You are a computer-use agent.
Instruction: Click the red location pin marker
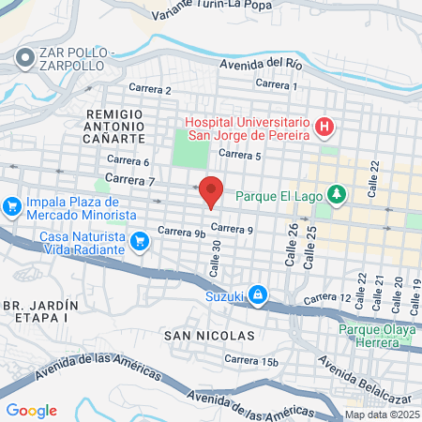211,191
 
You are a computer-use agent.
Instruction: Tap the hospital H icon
324,126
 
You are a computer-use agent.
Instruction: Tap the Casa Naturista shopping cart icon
140,241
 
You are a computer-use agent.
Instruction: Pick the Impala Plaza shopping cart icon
11,203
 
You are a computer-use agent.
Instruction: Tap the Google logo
31,411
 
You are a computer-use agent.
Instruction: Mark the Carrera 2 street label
151,90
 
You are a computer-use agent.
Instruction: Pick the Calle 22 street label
372,177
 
